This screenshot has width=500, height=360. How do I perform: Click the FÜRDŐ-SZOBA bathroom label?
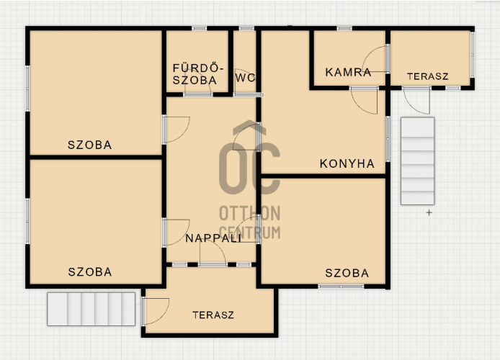coord(197,74)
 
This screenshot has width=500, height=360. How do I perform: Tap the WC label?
coord(246,78)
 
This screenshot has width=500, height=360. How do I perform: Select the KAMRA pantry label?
coord(348,72)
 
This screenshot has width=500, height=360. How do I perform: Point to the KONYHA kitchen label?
coord(347,163)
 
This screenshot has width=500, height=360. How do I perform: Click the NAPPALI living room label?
coord(213,238)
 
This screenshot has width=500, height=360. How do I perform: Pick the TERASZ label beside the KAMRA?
coord(428,76)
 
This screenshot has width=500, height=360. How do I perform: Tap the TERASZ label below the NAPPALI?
coord(213,315)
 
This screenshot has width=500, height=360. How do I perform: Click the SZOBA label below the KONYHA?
coord(347,273)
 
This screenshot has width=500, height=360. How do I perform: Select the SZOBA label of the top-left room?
coord(90,145)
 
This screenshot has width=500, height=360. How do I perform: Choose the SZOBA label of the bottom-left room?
coord(90,271)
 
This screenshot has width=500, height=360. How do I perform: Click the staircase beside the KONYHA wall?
coord(417,161)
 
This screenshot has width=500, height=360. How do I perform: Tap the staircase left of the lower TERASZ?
coord(91,309)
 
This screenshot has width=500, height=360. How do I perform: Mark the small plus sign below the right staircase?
coord(429,212)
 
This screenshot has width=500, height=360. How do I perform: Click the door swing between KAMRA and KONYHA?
coord(364,100)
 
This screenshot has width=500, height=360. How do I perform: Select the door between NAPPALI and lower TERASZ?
coord(213,252)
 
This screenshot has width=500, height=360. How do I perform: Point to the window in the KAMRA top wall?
coord(344,28)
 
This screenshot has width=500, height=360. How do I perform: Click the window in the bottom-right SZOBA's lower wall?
coord(341,287)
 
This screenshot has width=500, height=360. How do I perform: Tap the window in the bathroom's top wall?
coord(200,28)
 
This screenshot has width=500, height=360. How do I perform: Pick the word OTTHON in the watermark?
coord(250,213)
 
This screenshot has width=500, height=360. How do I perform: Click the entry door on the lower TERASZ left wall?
coord(156,311)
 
